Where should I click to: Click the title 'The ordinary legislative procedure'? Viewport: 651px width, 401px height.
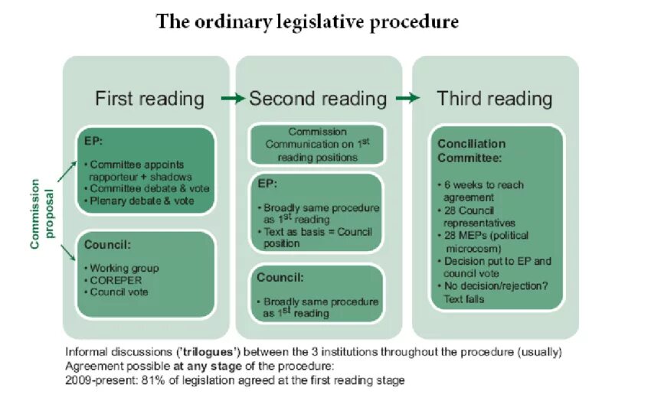pos(307,22)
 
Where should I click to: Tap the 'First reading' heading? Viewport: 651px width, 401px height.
pos(149,99)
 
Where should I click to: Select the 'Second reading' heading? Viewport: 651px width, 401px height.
pos(318,99)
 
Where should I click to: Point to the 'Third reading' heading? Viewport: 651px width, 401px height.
pos(494,99)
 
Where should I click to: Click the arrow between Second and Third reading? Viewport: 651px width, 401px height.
pos(408,99)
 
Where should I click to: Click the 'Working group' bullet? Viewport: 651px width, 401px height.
pos(124,269)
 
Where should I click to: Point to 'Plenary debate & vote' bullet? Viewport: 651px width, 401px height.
pos(142,200)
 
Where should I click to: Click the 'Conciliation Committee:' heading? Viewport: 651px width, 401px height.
pos(471,151)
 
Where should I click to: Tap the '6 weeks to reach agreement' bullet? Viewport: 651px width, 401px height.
pos(487,191)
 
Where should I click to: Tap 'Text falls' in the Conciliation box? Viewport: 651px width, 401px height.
pos(464,299)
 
